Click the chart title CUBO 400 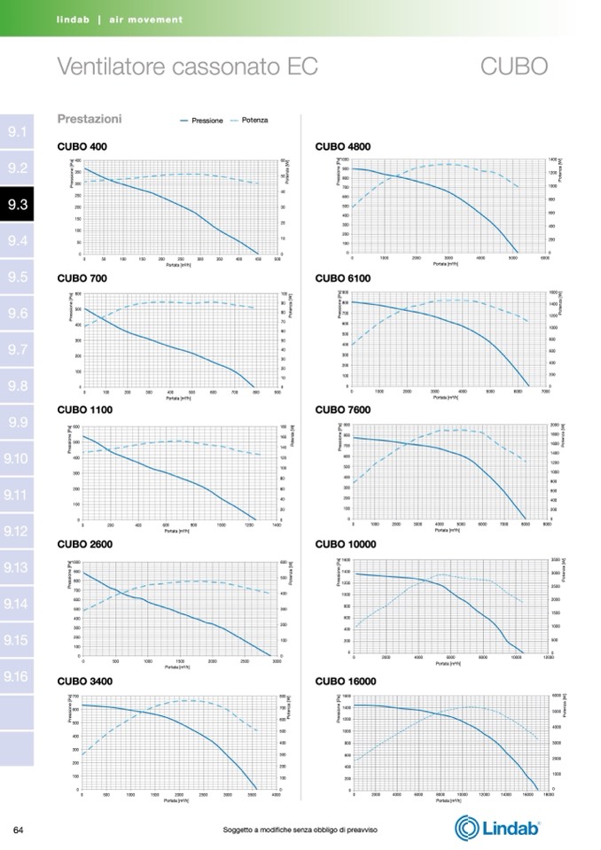82,146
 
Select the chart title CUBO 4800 343,146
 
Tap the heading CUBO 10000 346,544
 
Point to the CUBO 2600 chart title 84,544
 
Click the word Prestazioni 90,119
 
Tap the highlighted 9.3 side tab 18,205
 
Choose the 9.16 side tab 18,676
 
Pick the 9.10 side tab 18,458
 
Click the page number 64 18,830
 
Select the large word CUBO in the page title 515,66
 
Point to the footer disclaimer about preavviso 300,830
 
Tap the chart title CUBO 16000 346,682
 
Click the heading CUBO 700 82,278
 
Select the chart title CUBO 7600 343,410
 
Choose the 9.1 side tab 18,132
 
